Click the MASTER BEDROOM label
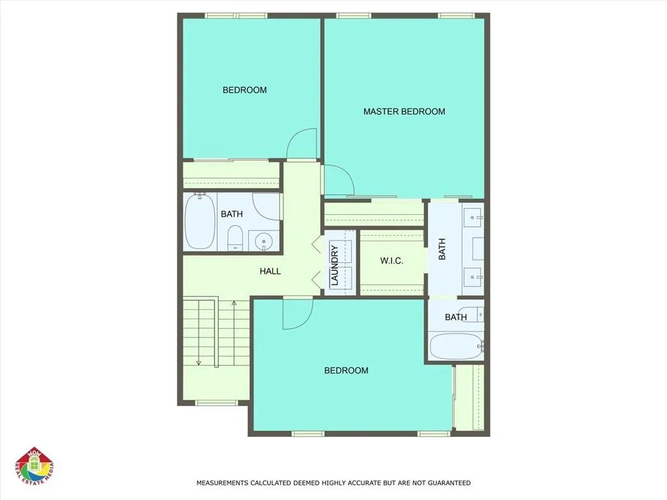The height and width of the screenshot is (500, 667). (x=404, y=111)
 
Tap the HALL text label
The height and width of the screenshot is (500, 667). (x=270, y=271)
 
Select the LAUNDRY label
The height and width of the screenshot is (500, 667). (x=334, y=265)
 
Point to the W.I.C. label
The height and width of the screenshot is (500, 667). (x=391, y=261)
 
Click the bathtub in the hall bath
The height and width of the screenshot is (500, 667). (x=199, y=223)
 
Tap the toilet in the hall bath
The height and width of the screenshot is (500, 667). (x=235, y=238)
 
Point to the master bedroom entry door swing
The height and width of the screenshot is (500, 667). (x=337, y=180)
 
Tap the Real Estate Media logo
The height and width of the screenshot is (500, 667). (x=35, y=467)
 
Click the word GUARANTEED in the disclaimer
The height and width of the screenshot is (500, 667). (x=447, y=483)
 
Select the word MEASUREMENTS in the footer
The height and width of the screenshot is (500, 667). (x=222, y=483)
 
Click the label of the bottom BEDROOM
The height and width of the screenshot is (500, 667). (x=346, y=370)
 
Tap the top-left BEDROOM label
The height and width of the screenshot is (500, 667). (x=244, y=90)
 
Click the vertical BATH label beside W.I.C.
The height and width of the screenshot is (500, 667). (x=442, y=249)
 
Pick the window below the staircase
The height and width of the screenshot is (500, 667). (x=216, y=402)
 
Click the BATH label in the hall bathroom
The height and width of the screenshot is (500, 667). (x=231, y=214)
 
